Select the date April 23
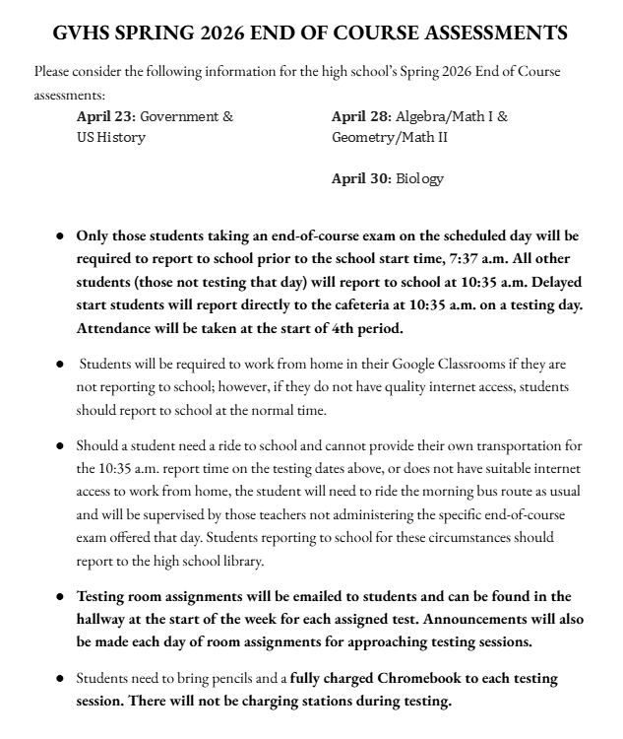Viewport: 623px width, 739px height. coord(105,116)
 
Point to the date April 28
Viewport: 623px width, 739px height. coord(361,116)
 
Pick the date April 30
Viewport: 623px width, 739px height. coord(361,178)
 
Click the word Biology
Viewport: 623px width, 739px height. coord(420,178)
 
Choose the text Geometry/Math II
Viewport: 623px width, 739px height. coord(390,137)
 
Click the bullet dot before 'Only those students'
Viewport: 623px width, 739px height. coord(59,237)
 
